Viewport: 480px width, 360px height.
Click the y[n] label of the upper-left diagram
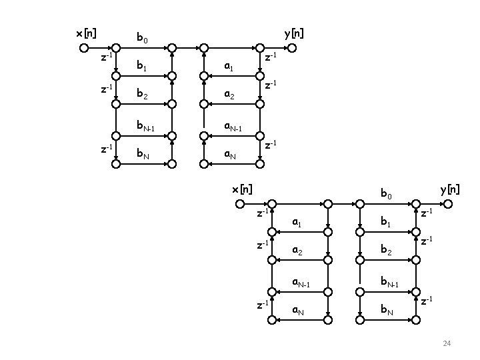(x=293, y=33)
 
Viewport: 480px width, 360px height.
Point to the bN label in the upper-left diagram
(x=143, y=155)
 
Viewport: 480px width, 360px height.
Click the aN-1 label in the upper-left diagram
(x=231, y=126)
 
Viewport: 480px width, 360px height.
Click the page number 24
(x=447, y=343)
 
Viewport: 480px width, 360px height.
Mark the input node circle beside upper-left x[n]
(x=83, y=48)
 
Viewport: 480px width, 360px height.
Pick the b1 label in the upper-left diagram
(x=141, y=67)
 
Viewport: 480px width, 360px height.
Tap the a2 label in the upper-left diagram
(x=229, y=96)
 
